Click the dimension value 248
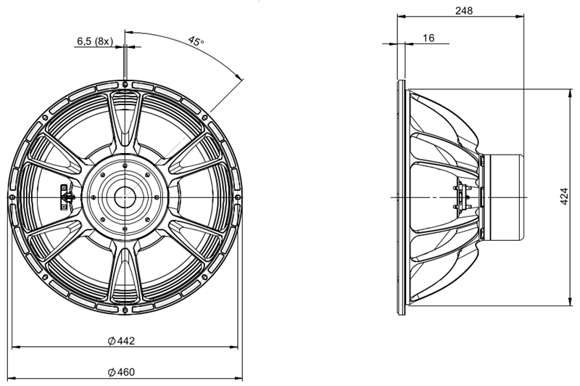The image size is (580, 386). [465, 11]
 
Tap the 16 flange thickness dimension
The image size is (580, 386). [428, 38]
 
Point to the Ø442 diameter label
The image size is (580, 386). [122, 340]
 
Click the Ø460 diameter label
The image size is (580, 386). [122, 371]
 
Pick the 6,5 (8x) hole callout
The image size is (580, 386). [94, 41]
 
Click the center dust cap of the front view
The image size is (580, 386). [125, 197]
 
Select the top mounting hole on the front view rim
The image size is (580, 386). [125, 85]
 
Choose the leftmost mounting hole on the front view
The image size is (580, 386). [12, 197]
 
